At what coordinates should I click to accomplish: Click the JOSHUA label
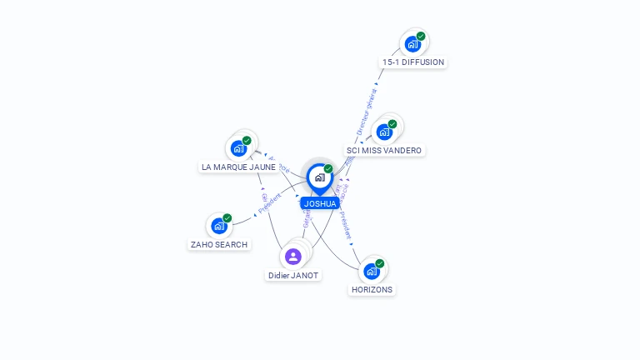click(320, 203)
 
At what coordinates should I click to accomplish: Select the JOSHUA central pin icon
click(320, 177)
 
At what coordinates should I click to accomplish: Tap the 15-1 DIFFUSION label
click(413, 62)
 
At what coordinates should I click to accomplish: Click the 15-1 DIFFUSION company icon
click(412, 44)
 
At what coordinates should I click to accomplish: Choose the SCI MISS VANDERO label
click(384, 151)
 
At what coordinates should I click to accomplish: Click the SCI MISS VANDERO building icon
click(384, 132)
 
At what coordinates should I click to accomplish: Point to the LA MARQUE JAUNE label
click(238, 167)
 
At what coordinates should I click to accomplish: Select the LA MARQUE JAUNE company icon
click(239, 148)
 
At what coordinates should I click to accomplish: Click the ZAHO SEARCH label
click(219, 244)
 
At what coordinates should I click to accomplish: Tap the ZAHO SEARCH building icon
click(219, 225)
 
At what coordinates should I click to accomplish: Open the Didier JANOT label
click(293, 275)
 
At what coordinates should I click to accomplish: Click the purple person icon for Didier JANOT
click(293, 257)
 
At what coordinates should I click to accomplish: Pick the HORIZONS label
click(372, 289)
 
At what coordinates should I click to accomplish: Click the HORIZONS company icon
click(372, 271)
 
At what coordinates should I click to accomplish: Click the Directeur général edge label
click(367, 112)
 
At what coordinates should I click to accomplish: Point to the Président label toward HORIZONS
click(346, 223)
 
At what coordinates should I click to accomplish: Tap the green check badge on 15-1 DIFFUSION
click(421, 37)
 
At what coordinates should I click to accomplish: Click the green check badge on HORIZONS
click(380, 263)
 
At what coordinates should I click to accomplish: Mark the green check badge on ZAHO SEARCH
click(227, 218)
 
